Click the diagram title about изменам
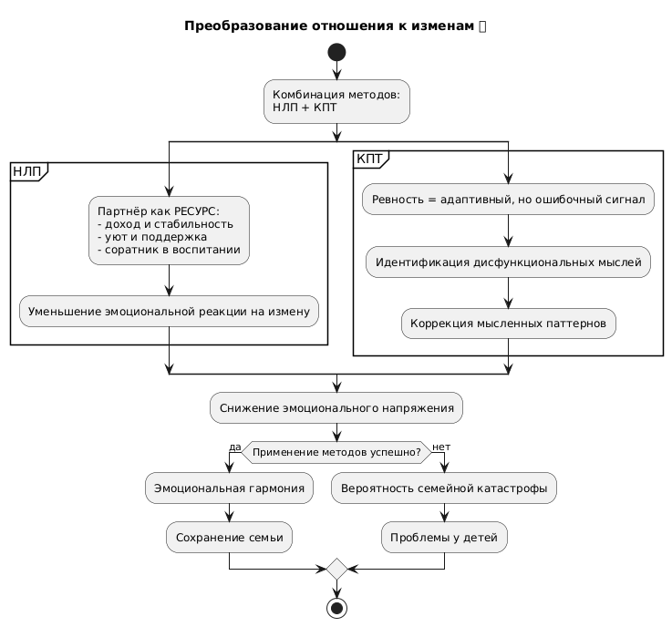click(335, 26)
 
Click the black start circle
click(336, 50)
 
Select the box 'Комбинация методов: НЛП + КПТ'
click(336, 101)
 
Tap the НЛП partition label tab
click(27, 170)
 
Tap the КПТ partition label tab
click(370, 159)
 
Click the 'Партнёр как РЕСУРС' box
click(169, 231)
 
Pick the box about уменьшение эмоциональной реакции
click(169, 312)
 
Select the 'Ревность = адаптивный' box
click(508, 200)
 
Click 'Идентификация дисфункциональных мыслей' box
click(508, 262)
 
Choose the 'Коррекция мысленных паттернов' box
click(508, 324)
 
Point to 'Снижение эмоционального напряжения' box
click(336, 407)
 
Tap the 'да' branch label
click(234, 447)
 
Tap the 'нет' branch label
click(441, 447)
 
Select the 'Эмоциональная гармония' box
click(229, 488)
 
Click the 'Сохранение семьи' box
click(229, 538)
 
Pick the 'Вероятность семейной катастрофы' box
click(443, 488)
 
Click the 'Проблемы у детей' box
click(443, 538)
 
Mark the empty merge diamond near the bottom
click(336, 570)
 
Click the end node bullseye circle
click(336, 607)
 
